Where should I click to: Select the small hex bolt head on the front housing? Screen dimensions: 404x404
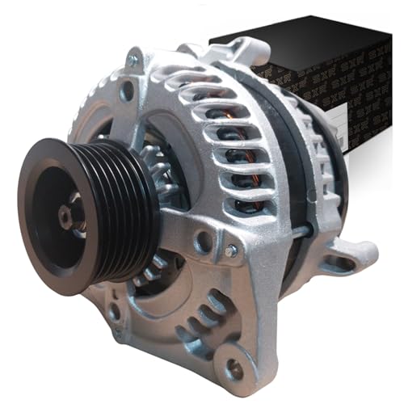tap(231, 251)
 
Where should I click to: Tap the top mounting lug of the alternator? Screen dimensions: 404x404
tap(242, 50)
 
